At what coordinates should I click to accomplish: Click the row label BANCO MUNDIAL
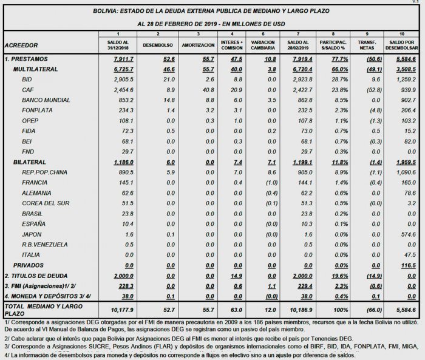pyautogui.click(x=42, y=100)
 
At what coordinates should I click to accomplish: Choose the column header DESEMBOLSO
pyautogui.click(x=157, y=45)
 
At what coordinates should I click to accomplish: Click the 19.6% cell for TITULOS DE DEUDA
pyautogui.click(x=339, y=276)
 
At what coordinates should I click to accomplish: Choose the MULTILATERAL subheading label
pyautogui.click(x=35, y=70)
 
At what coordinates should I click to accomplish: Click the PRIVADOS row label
pyautogui.click(x=28, y=265)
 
